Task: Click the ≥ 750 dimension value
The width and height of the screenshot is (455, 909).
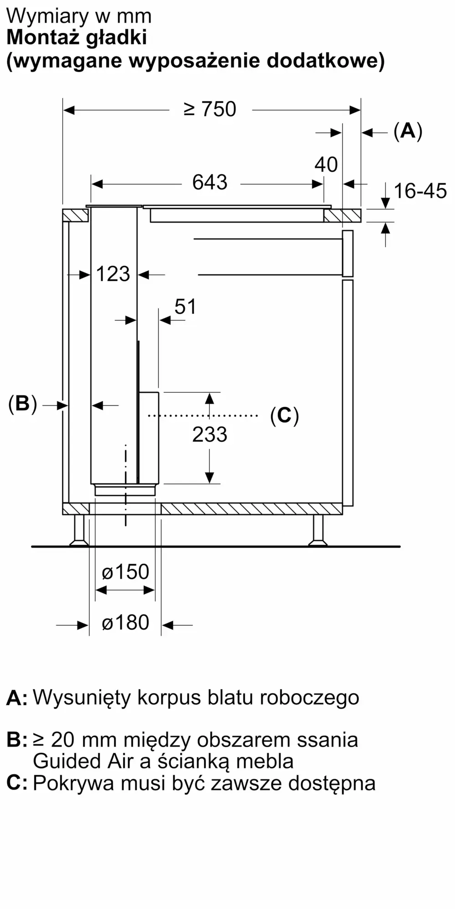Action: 210,110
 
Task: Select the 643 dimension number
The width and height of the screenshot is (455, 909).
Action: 210,182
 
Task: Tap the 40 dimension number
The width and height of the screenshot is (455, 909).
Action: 326,165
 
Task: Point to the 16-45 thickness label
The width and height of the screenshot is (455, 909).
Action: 420,191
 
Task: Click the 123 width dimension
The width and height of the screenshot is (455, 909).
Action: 113,274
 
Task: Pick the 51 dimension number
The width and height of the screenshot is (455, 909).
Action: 186,307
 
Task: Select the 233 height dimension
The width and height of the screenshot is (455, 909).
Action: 210,435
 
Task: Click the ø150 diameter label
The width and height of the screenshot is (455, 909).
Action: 126,572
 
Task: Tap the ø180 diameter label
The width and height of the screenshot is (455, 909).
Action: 126,623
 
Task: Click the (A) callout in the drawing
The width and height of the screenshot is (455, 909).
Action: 408,131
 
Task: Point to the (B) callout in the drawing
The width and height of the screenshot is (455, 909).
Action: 22,404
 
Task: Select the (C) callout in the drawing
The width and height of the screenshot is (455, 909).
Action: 284,415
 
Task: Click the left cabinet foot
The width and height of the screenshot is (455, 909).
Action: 79,530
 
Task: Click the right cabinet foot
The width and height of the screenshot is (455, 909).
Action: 318,530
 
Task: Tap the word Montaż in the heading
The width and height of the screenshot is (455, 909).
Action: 42,38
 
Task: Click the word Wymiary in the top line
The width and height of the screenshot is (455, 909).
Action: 48,17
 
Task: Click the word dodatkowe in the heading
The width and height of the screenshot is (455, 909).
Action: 326,60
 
